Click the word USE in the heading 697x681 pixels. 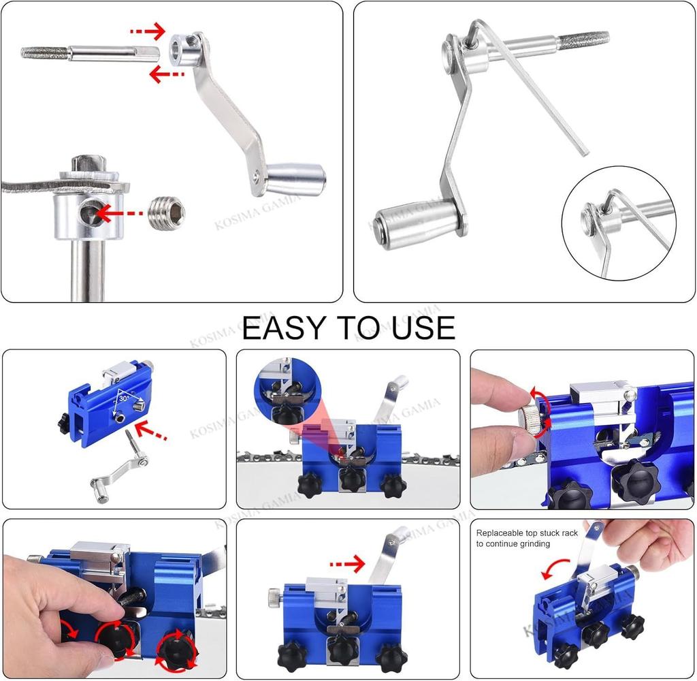click(423, 327)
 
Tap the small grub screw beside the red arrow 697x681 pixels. click(166, 212)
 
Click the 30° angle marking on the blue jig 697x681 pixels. click(125, 395)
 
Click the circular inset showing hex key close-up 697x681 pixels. click(618, 223)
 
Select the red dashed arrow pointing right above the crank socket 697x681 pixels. click(148, 31)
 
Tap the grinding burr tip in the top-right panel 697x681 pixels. click(583, 39)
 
